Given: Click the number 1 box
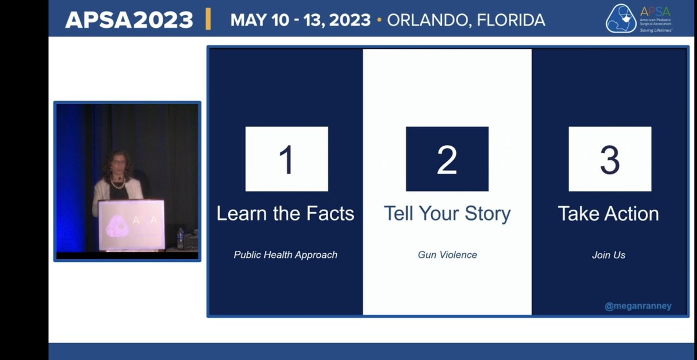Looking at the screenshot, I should (x=286, y=159).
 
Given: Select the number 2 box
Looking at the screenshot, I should (x=447, y=159).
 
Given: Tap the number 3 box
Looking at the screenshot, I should (x=609, y=159).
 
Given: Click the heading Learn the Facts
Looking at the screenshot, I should (x=285, y=214).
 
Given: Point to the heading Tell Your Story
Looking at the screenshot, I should (x=447, y=214).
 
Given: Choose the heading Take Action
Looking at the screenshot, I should (x=608, y=214).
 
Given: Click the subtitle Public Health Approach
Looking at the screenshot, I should (x=285, y=255).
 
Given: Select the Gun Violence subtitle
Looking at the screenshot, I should (x=447, y=255).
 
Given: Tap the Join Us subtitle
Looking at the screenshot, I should (x=609, y=255).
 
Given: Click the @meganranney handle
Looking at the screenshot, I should (x=638, y=306).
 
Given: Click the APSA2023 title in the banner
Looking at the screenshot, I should (x=129, y=20).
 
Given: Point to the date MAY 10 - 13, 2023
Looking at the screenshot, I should (x=300, y=20).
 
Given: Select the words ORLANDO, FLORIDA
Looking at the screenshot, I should (x=466, y=20).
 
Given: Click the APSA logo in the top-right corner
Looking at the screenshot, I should (x=639, y=19).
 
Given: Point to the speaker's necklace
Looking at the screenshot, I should (x=118, y=185).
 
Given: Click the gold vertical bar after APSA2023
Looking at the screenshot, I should (x=208, y=19).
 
